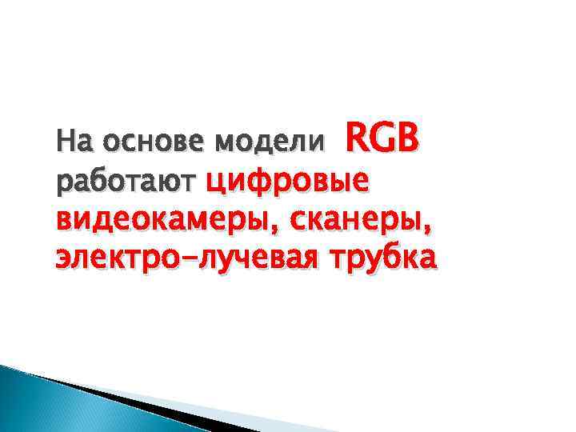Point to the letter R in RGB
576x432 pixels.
tap(355, 139)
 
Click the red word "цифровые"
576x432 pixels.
tap(286, 182)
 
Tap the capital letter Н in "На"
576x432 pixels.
tap(62, 144)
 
